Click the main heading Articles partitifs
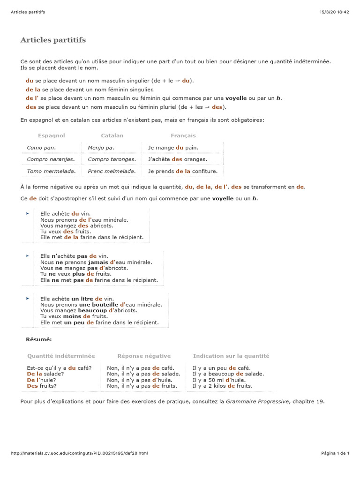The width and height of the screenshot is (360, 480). click(53, 40)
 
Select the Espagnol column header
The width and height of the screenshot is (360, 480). click(52, 135)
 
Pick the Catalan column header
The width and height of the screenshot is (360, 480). click(112, 135)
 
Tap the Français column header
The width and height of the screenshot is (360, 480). click(183, 135)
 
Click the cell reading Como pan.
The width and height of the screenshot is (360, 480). click(41, 148)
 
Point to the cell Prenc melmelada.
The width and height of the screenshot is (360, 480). click(112, 172)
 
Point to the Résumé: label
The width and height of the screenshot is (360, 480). click(39, 339)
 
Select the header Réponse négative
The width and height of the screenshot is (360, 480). click(144, 356)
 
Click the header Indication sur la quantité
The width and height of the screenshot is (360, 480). click(231, 356)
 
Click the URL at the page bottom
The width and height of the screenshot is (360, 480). click(79, 453)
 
